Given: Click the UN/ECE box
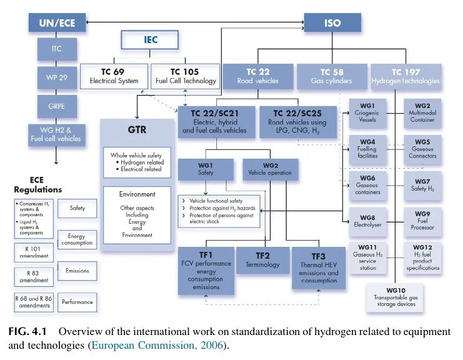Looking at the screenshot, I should [x=57, y=23].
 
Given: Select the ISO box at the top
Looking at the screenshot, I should [x=332, y=23].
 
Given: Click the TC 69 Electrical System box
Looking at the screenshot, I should [x=114, y=75].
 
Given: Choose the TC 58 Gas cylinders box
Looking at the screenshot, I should [x=331, y=76].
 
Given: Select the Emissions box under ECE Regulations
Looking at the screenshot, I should [x=77, y=271].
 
